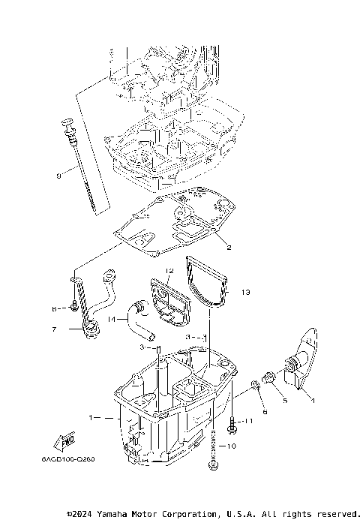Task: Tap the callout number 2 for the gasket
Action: pos(229,246)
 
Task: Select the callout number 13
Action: pos(246,290)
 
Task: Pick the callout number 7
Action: pos(54,329)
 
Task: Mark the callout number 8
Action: pos(54,308)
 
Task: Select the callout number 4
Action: pos(313,401)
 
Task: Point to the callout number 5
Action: pos(284,400)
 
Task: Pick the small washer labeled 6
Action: pos(256,386)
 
